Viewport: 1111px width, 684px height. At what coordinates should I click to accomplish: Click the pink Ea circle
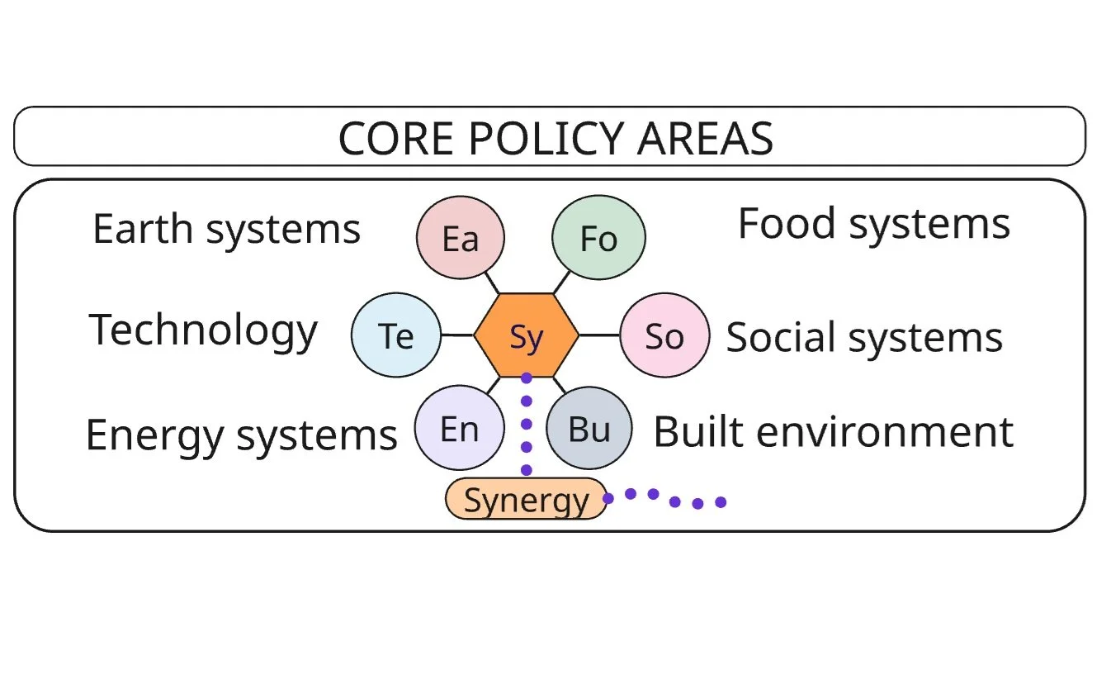pyautogui.click(x=461, y=237)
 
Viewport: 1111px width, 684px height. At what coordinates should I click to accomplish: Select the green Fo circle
pyautogui.click(x=598, y=237)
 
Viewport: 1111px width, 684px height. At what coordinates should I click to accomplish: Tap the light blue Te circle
pyautogui.click(x=396, y=335)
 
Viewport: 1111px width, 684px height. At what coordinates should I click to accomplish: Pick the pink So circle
pyautogui.click(x=664, y=335)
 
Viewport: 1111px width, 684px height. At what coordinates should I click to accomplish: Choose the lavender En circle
pyautogui.click(x=459, y=428)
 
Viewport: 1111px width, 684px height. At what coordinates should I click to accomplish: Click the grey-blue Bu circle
pyautogui.click(x=589, y=428)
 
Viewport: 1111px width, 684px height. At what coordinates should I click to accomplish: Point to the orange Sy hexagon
pyautogui.click(x=527, y=335)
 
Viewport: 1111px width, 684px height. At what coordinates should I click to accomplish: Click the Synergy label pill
pyautogui.click(x=527, y=499)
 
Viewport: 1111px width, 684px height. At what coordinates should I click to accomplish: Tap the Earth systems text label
pyautogui.click(x=227, y=230)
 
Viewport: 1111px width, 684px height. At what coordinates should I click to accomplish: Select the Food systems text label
pyautogui.click(x=874, y=225)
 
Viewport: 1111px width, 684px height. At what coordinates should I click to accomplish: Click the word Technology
pyautogui.click(x=203, y=331)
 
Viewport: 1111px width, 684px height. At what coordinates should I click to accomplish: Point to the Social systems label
pyautogui.click(x=864, y=338)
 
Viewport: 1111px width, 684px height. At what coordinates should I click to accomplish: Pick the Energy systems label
pyautogui.click(x=242, y=436)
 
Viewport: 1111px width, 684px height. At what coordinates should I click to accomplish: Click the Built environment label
pyautogui.click(x=834, y=432)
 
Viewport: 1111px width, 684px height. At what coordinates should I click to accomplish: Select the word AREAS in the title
pyautogui.click(x=705, y=139)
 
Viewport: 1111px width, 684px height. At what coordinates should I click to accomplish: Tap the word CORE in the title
pyautogui.click(x=396, y=139)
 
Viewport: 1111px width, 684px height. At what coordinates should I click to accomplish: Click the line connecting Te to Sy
pyautogui.click(x=457, y=335)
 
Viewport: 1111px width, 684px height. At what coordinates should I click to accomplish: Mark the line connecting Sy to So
pyautogui.click(x=599, y=335)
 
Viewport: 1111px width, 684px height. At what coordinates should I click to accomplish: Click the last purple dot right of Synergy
pyautogui.click(x=721, y=503)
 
